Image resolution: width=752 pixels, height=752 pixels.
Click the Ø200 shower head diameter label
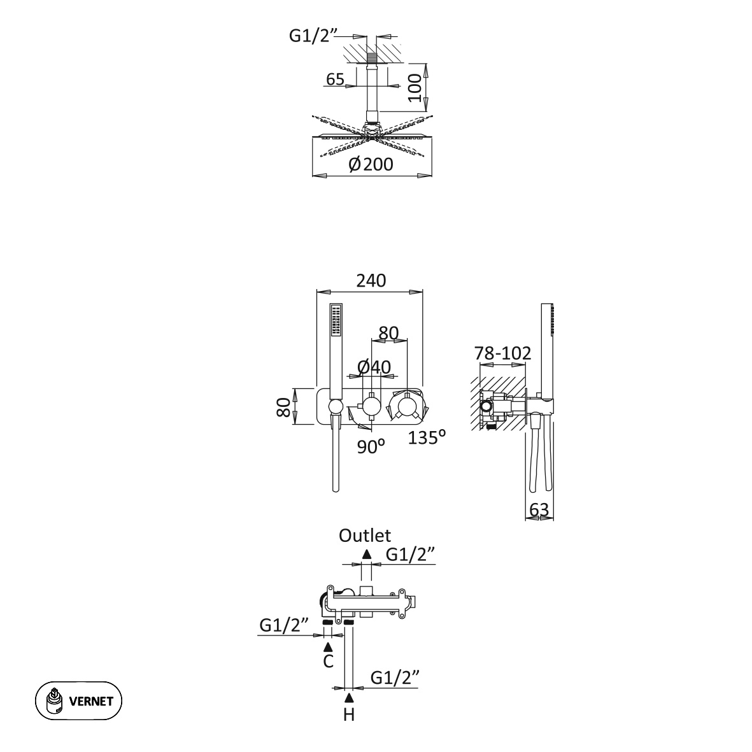(371, 164)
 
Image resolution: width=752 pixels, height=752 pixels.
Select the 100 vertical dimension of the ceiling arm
(415, 87)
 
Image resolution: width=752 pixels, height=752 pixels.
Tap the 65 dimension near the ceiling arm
(335, 80)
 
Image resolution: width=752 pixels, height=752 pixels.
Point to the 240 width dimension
(371, 280)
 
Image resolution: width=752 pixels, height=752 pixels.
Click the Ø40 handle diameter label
(374, 367)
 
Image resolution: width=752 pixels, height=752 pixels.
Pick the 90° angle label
(371, 446)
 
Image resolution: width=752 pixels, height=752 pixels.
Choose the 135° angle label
(427, 437)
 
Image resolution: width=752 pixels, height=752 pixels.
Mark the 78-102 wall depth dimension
(503, 353)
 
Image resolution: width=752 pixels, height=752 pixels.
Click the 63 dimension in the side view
(539, 509)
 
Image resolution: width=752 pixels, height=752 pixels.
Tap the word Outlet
(365, 536)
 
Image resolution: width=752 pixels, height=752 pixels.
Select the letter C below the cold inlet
(328, 662)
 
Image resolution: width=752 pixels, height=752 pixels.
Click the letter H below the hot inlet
(349, 715)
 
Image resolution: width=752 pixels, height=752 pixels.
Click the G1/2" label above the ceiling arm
(311, 36)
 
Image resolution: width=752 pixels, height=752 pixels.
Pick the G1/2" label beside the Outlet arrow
(411, 555)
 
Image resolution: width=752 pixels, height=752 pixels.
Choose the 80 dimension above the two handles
(388, 333)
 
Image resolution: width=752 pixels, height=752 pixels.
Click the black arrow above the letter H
(349, 699)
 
